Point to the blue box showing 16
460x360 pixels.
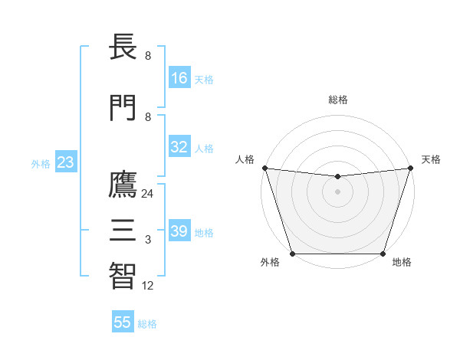click(179, 78)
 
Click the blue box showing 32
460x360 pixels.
click(179, 147)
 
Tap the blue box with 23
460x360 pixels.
click(65, 162)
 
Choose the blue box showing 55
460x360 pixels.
click(123, 322)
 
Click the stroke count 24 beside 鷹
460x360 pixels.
click(148, 194)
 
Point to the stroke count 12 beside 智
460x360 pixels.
click(148, 286)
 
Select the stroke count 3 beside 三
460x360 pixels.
click(148, 240)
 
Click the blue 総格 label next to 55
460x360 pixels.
click(147, 324)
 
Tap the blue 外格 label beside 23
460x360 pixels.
click(41, 164)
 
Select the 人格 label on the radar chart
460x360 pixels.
click(244, 159)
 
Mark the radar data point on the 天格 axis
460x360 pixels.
click(410, 168)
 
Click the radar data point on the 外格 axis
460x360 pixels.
click(292, 254)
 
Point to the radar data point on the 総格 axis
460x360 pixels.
click(337, 177)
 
